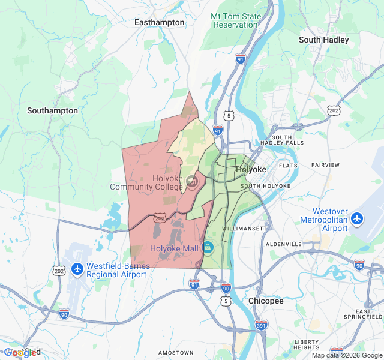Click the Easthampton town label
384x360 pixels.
tap(159, 22)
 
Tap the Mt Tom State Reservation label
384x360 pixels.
tap(235, 20)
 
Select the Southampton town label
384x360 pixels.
tap(52, 110)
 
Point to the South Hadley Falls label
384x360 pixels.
tap(286, 139)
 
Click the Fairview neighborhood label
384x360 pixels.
tap(325, 164)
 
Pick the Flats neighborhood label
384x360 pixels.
tap(288, 165)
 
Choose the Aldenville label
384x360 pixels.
tap(284, 244)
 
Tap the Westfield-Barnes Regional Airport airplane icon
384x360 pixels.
tap(77, 269)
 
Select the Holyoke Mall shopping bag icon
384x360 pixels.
tap(208, 247)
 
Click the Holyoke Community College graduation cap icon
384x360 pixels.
tap(191, 181)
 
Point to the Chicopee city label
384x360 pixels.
tap(266, 301)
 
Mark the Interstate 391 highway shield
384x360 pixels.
tap(261, 325)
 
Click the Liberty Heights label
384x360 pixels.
tap(307, 344)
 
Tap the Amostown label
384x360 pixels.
tap(177, 352)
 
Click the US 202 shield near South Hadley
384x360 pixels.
tap(334, 110)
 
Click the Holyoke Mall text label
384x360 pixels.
tap(174, 248)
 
